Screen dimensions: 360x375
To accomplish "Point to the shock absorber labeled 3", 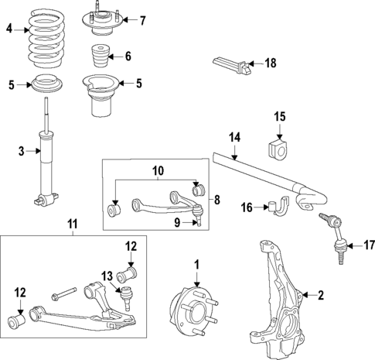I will [x=46, y=163].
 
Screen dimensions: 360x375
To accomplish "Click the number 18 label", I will [x=269, y=63].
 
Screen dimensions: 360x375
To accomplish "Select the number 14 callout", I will [x=234, y=138].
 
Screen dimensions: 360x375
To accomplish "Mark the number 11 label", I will [x=73, y=226].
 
